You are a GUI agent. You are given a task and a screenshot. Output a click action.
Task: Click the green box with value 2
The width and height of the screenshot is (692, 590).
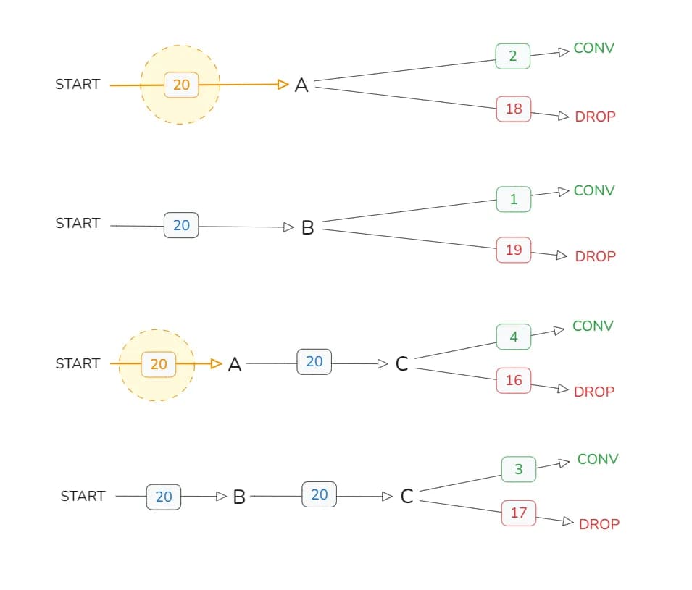pyautogui.click(x=513, y=56)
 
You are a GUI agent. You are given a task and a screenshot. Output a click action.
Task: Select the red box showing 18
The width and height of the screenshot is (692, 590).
pyautogui.click(x=514, y=109)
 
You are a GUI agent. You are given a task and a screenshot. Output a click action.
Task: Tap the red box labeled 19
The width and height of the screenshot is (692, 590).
pyautogui.click(x=514, y=250)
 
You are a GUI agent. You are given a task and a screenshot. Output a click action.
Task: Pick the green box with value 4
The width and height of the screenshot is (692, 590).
pyautogui.click(x=514, y=337)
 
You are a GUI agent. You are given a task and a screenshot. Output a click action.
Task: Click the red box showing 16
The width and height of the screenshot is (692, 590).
pyautogui.click(x=514, y=380)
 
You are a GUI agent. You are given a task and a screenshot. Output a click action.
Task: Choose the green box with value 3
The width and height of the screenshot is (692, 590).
pyautogui.click(x=519, y=469)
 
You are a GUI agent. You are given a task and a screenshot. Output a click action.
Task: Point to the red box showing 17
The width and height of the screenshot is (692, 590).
pyautogui.click(x=519, y=513)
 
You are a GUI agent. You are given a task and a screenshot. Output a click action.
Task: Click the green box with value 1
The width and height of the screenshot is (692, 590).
pyautogui.click(x=514, y=199)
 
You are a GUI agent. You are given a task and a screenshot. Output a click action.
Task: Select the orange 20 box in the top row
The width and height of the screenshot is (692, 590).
pyautogui.click(x=181, y=85)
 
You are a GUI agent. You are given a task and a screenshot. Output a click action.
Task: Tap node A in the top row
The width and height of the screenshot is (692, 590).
pyautogui.click(x=302, y=85)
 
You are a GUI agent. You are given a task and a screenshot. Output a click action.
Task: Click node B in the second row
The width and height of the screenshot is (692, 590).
pyautogui.click(x=307, y=228)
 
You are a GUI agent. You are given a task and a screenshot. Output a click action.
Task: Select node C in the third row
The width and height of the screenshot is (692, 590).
pyautogui.click(x=402, y=364)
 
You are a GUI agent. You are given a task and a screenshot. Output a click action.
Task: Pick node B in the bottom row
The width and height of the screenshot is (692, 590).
pyautogui.click(x=239, y=497)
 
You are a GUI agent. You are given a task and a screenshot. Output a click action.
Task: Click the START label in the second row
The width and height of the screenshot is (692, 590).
pyautogui.click(x=78, y=223)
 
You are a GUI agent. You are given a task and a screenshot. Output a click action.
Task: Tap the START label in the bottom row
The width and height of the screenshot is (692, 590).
pyautogui.click(x=83, y=496)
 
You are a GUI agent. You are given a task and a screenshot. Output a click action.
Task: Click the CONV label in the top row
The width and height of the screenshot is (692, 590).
pyautogui.click(x=594, y=48)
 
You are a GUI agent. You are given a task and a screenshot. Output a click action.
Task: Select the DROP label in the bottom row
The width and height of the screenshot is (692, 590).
pyautogui.click(x=599, y=524)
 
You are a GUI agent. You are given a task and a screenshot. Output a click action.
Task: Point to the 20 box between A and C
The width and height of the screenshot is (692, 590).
pyautogui.click(x=314, y=361)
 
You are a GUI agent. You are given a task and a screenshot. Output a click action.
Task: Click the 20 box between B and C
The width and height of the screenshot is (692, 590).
pyautogui.click(x=319, y=494)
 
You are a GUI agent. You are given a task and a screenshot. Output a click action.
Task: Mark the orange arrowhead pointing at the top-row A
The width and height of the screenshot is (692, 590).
pyautogui.click(x=283, y=85)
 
